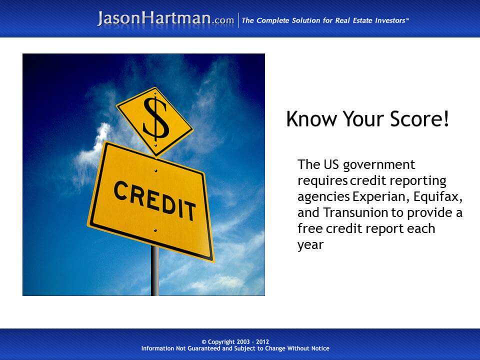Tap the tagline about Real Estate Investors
(x=325, y=20)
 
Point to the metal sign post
(x=155, y=272)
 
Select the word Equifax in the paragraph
(x=437, y=196)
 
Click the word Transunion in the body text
(x=355, y=212)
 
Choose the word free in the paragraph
(x=309, y=228)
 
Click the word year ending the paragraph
(x=310, y=245)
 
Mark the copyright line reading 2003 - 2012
(x=235, y=342)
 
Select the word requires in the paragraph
(x=322, y=180)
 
